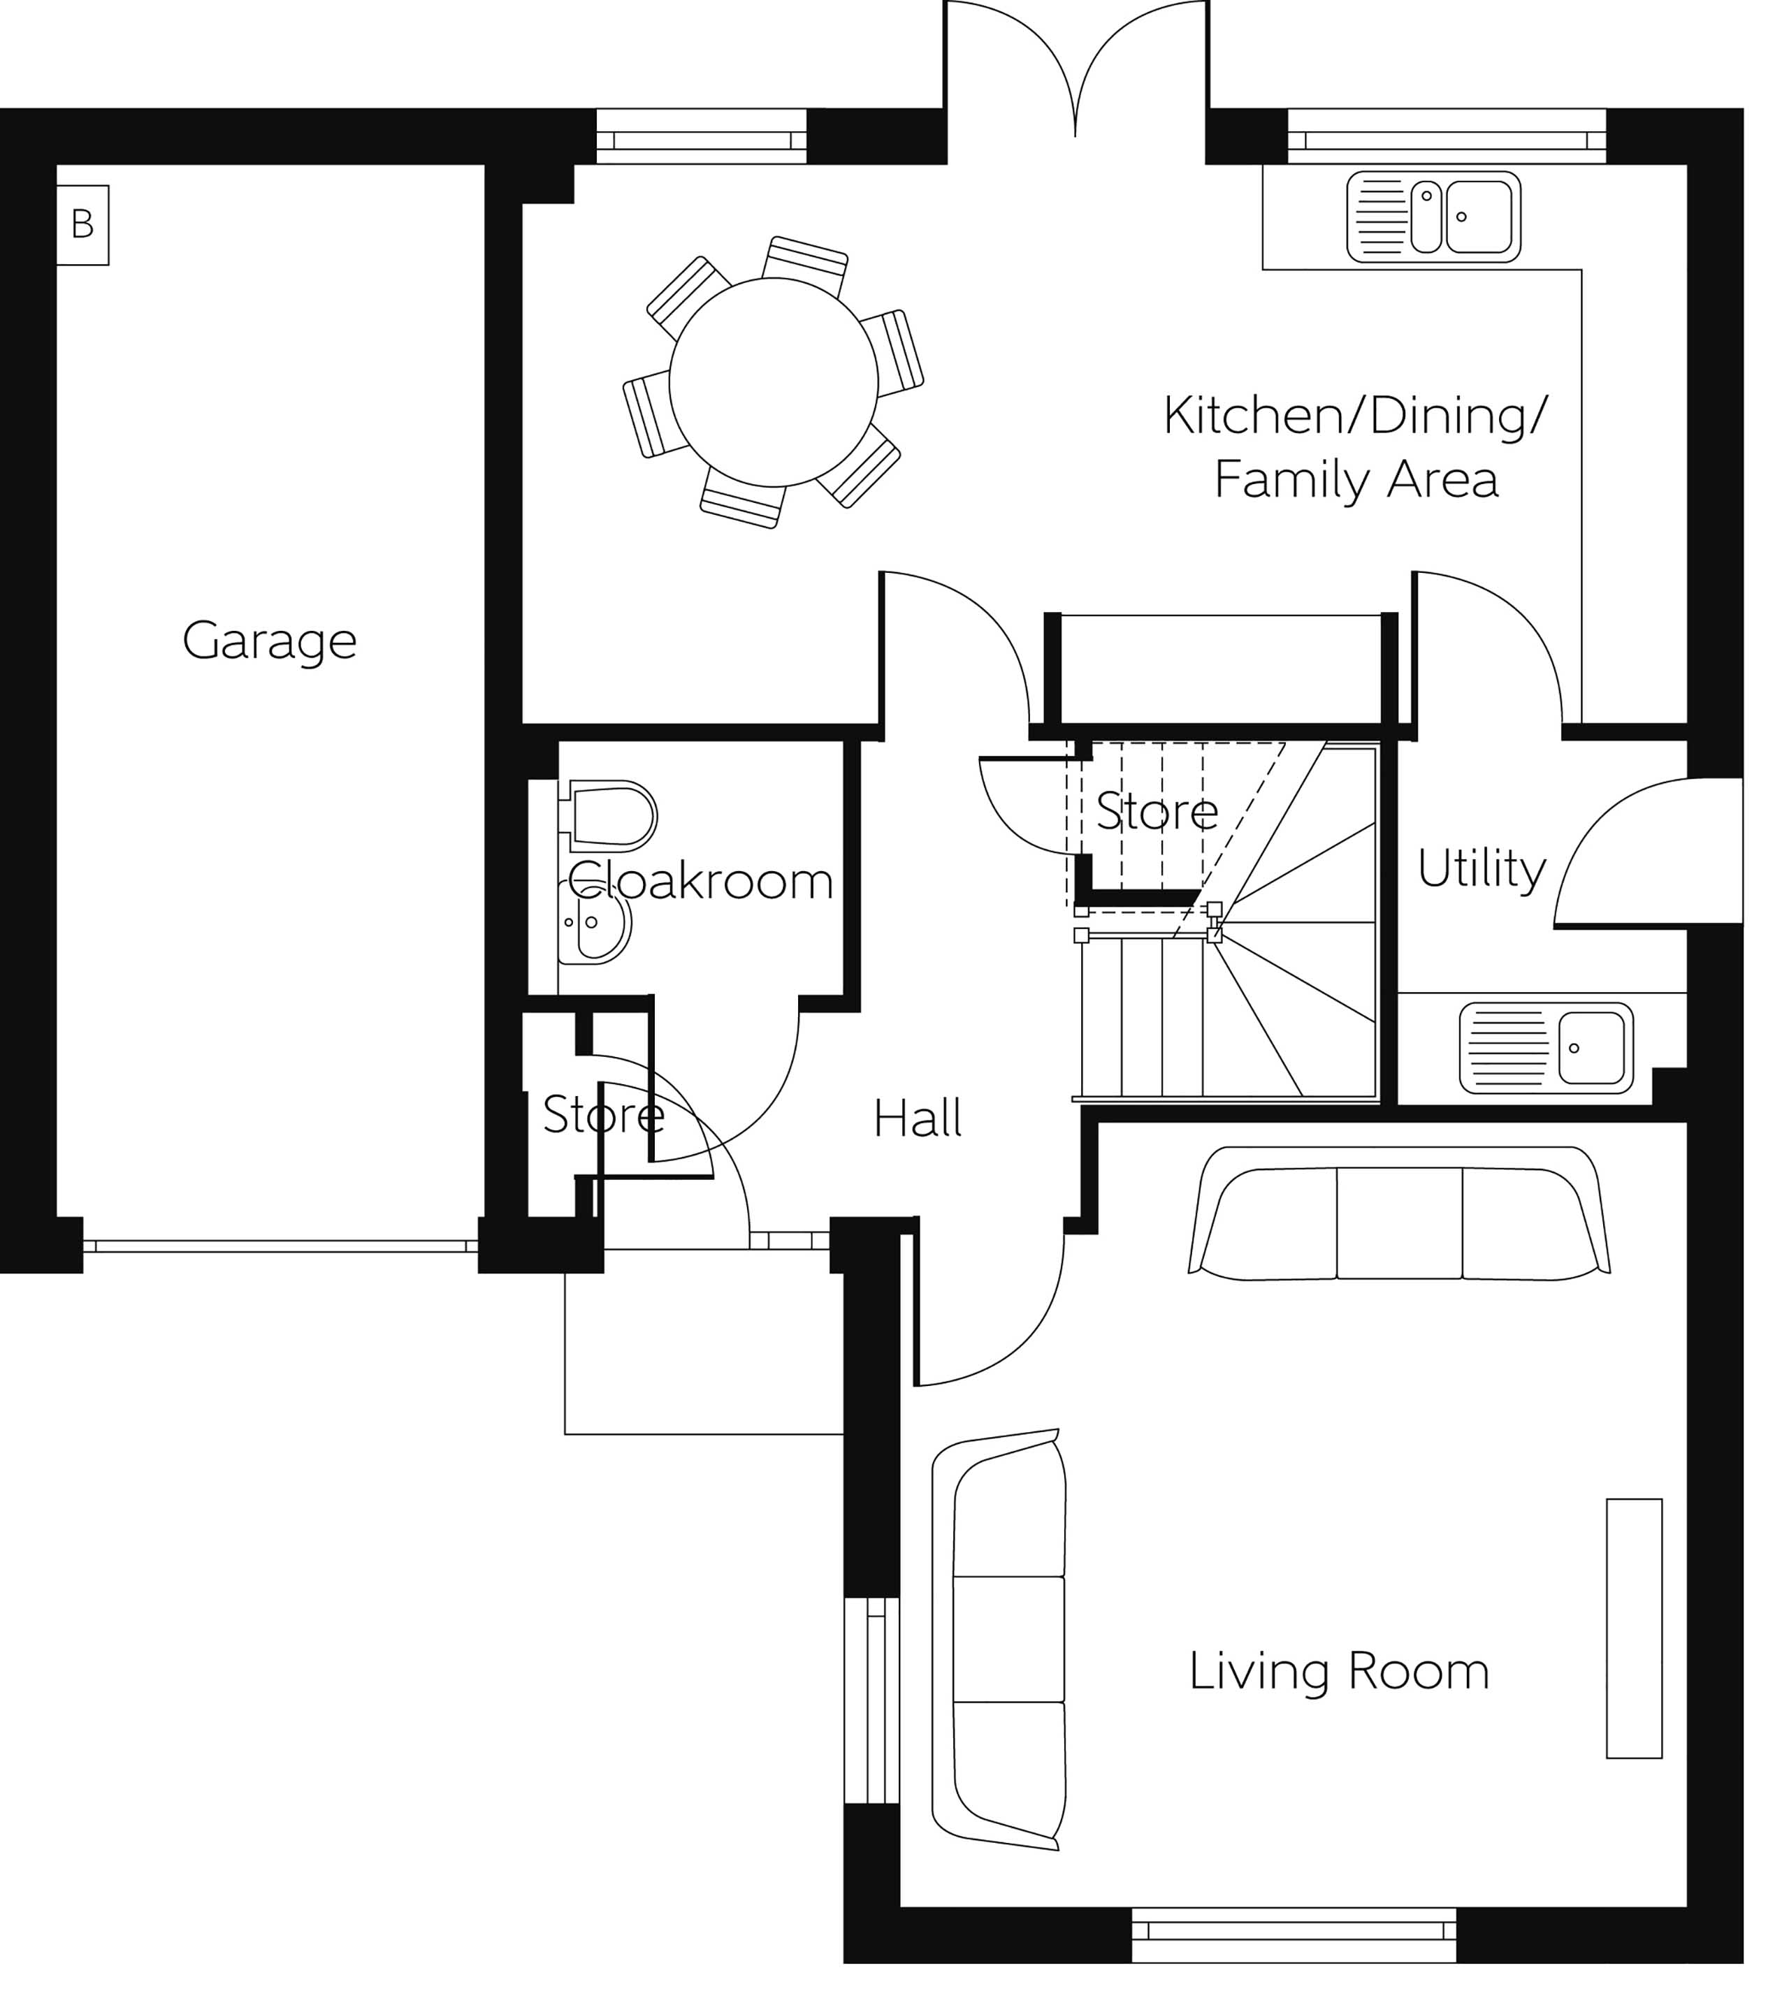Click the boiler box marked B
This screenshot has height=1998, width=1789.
82,225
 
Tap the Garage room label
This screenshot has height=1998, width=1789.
269,641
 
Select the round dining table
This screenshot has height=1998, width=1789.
774,382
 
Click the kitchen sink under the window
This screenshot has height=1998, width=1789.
1433,217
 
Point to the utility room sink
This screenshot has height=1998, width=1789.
1547,1049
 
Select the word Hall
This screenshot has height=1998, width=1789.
917,1118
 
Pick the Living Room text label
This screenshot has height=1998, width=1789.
1339,1672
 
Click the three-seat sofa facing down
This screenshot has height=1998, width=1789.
1399,1215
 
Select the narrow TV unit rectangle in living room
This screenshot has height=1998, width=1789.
1634,1628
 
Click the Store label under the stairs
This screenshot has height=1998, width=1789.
1157,812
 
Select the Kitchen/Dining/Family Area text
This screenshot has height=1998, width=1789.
1354,447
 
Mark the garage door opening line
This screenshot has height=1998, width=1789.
280,1246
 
